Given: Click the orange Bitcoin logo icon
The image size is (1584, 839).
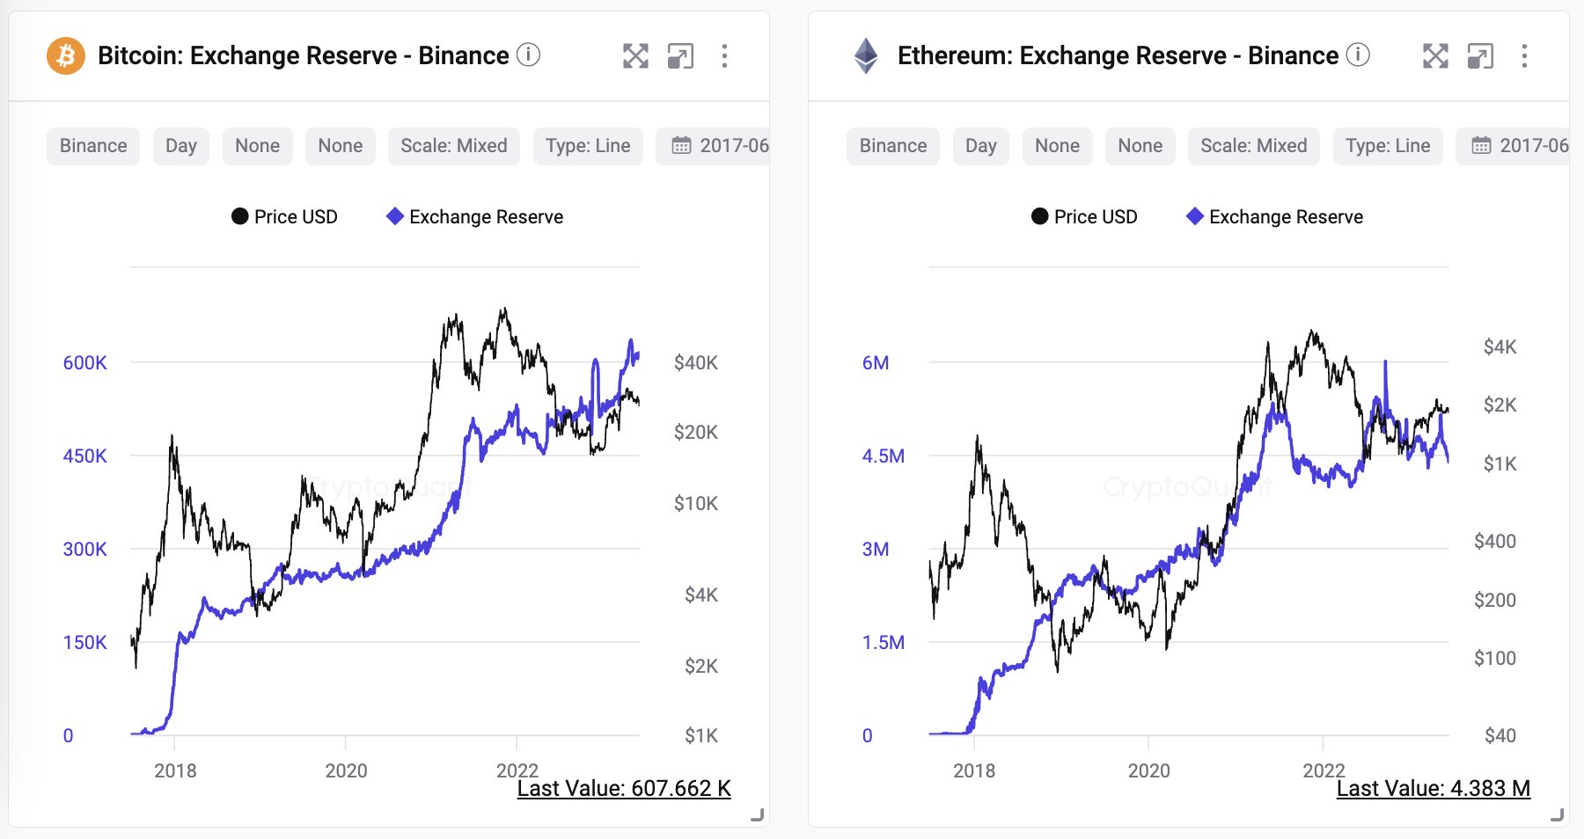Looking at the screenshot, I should tap(66, 56).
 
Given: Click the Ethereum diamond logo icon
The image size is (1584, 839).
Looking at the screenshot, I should tap(866, 56).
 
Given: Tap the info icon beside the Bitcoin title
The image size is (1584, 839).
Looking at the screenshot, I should tap(528, 55).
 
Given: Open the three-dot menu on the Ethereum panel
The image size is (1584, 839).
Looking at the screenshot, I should tap(1524, 56).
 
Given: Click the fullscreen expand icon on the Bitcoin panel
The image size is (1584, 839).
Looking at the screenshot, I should tap(635, 56).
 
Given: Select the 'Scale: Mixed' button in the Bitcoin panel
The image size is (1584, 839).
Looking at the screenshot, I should tap(453, 146).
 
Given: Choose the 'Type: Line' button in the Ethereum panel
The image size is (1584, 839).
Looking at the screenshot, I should tap(1387, 146).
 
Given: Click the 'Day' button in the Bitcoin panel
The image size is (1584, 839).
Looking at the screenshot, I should tap(180, 146).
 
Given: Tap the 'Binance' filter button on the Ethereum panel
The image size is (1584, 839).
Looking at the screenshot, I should tap(892, 146).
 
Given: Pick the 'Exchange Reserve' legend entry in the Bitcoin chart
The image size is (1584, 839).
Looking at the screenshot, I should tap(475, 217).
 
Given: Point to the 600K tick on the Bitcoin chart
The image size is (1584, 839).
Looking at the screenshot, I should tap(84, 363).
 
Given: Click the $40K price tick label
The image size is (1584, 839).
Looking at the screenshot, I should tap(695, 363).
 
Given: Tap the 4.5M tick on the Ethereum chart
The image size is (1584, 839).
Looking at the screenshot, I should tap(883, 456).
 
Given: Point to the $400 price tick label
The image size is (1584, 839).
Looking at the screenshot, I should tap(1494, 542).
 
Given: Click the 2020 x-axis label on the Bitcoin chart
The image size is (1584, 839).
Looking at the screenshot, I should tap(346, 771).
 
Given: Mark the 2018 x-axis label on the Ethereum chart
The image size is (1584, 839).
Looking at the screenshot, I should tap(974, 771).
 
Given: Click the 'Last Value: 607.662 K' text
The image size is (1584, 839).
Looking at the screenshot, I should tap(624, 789).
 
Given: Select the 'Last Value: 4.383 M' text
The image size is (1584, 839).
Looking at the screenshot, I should tap(1433, 789).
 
